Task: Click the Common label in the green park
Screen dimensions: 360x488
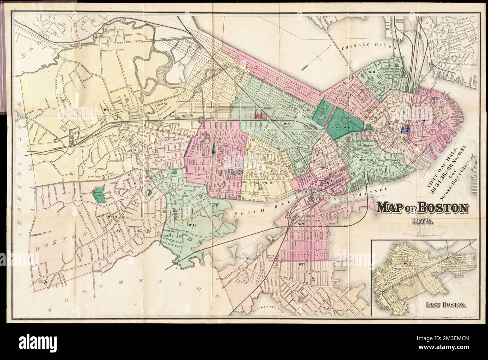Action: [x=347, y=128]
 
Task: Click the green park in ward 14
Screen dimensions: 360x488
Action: [x=99, y=195]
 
